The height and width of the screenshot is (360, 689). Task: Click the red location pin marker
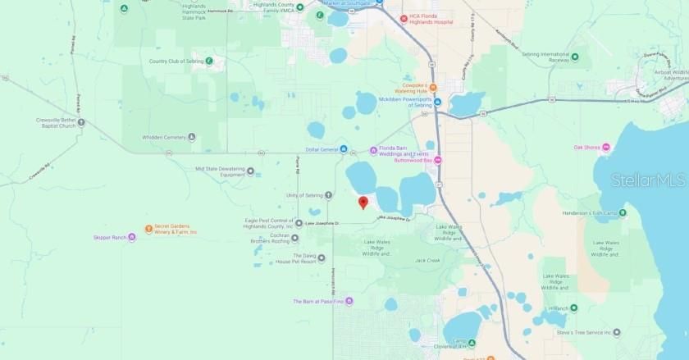(x=363, y=203)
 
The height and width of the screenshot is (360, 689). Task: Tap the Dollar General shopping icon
(x=344, y=149)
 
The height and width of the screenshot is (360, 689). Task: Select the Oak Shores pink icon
(x=606, y=148)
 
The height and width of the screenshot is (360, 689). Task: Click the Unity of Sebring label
(x=303, y=195)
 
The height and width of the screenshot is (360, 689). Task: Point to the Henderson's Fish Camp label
(x=589, y=213)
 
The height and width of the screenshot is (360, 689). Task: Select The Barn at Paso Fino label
(x=319, y=301)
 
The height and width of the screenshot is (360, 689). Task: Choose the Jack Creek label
(x=427, y=261)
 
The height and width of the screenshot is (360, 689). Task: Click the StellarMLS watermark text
(x=648, y=180)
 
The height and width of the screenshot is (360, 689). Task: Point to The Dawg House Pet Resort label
(x=294, y=258)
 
